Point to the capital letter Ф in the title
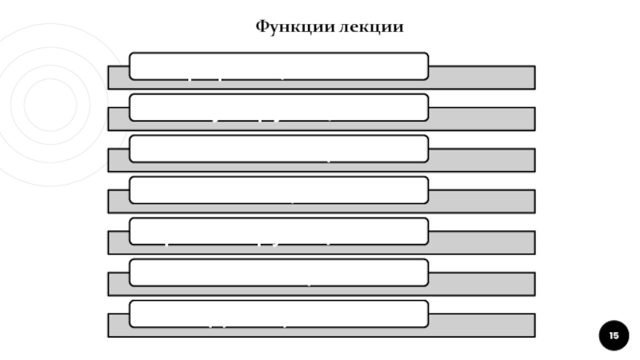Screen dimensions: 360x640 [x=262, y=27]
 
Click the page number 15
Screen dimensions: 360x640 [x=614, y=335]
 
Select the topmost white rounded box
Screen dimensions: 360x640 [x=278, y=66]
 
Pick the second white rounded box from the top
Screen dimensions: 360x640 [x=278, y=107]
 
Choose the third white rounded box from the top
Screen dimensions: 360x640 [x=278, y=149]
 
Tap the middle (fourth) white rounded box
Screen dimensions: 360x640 [x=278, y=190]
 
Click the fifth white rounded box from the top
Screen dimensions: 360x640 [x=278, y=231]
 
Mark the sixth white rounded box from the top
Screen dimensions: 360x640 [x=278, y=273]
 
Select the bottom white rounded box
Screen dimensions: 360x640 [x=278, y=314]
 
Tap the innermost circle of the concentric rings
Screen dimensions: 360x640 [x=50, y=105]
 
